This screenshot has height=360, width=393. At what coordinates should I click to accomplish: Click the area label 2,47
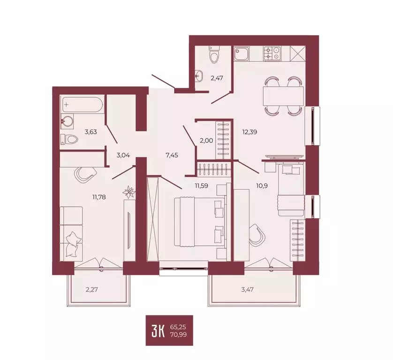[x=216, y=78]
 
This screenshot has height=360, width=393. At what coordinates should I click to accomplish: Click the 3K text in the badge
[x=158, y=330]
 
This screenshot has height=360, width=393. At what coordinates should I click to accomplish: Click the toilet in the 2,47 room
[x=215, y=56]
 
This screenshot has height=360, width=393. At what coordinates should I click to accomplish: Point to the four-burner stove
[x=272, y=53]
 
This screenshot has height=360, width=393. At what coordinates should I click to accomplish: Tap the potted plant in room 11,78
[x=128, y=191]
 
